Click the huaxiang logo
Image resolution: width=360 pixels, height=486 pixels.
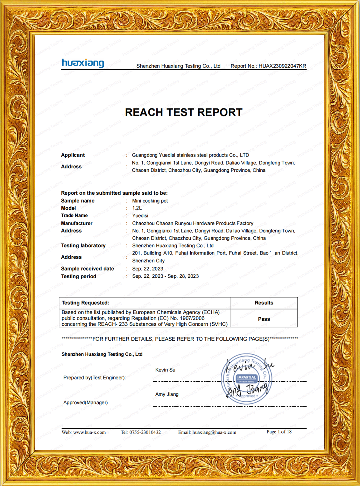point(83,63)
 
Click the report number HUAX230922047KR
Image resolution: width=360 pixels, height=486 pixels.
point(282,66)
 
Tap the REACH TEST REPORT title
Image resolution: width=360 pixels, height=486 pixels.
point(184,112)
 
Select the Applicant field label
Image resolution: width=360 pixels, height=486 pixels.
point(73,155)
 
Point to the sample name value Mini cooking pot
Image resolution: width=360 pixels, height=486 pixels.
point(150,201)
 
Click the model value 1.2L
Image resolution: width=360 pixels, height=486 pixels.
point(137,208)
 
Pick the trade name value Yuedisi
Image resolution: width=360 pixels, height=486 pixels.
point(140,216)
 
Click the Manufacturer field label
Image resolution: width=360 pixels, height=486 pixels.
point(77,223)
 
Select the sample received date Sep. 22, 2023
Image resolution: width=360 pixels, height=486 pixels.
point(148,269)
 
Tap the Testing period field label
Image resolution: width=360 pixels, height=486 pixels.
point(79,276)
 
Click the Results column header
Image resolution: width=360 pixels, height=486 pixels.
point(264,303)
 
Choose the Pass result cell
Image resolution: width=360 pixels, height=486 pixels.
point(264,319)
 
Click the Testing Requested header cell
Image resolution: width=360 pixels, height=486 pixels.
point(85,303)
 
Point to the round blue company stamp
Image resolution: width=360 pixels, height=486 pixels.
point(247,379)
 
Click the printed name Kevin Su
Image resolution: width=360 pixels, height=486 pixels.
point(165,370)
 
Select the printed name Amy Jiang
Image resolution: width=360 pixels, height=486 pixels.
point(167,394)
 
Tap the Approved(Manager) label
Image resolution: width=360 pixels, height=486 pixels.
point(85,403)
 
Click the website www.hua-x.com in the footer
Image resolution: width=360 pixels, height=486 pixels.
point(89,432)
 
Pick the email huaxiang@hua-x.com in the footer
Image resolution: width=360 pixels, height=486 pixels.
point(214,432)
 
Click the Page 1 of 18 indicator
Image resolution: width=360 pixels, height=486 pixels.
point(279,432)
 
